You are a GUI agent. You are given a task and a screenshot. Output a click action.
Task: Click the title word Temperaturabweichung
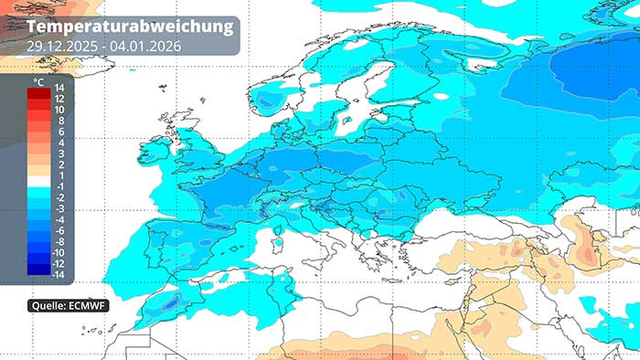[131, 26]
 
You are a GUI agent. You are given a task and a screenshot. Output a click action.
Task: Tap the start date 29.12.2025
[60, 45]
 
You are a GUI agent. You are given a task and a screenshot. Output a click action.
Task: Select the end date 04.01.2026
[144, 45]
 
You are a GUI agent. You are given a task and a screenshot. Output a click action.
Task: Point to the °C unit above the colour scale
[38, 82]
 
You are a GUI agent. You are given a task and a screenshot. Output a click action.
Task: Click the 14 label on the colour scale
[59, 88]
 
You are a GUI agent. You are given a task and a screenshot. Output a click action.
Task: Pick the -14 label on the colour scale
[58, 274]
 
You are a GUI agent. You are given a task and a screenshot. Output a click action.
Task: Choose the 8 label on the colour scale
[61, 121]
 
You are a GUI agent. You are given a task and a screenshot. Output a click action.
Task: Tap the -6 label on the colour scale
[58, 230]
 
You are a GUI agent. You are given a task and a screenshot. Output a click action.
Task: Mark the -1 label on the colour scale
[58, 186]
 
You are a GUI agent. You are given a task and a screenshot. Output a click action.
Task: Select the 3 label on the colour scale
[61, 154]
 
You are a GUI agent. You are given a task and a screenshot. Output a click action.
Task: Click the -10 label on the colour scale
[58, 252]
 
